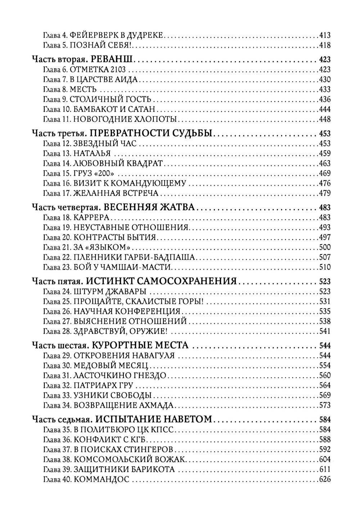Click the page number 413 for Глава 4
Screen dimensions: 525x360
pos(325,35)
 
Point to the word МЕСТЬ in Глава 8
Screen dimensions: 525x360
pos(83,89)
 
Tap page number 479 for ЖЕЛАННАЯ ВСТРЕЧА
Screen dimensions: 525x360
pos(325,193)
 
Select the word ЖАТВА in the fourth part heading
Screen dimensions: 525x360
pos(177,208)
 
